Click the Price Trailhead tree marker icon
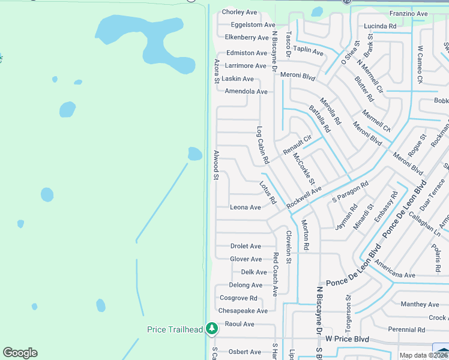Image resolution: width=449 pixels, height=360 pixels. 211,329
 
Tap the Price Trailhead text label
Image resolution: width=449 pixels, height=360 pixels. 175,329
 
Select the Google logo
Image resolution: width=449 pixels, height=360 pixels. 20,353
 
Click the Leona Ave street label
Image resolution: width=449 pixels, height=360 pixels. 246,208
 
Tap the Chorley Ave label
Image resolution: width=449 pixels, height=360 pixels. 240,12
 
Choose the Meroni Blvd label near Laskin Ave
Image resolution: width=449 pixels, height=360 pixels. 302,76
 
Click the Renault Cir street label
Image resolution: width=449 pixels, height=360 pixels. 298,144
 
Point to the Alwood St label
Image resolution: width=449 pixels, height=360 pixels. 216,165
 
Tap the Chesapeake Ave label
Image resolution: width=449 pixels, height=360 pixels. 243,311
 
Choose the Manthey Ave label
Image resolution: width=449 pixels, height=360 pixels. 421,304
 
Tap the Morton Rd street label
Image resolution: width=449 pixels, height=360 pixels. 305,235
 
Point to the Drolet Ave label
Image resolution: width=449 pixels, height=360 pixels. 246,246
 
